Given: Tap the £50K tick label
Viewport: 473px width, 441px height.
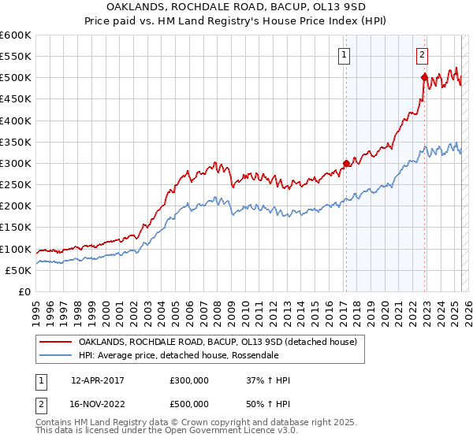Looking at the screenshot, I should pos(19,270).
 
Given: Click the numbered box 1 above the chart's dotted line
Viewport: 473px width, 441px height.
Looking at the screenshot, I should pos(345,55).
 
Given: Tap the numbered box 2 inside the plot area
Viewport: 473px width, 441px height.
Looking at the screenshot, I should pos(423,55).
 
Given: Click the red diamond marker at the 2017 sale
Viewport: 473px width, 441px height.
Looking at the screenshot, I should pos(345,164).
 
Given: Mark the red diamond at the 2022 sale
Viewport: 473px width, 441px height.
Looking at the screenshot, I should pos(424,77).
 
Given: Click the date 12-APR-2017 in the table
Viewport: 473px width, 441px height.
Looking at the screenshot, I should pos(98,380).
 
